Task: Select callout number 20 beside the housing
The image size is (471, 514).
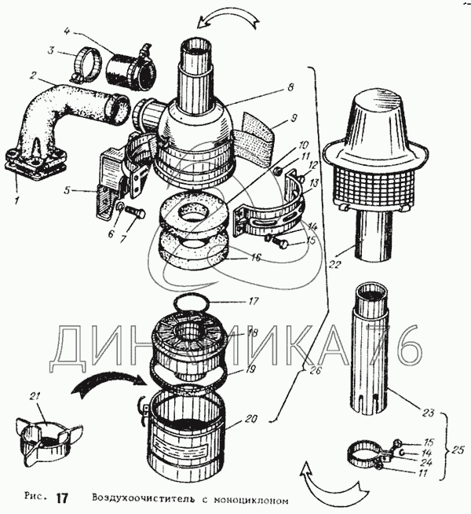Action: (250, 419)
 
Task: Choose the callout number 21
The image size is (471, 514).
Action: (33, 395)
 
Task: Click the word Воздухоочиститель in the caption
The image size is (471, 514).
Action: (140, 498)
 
